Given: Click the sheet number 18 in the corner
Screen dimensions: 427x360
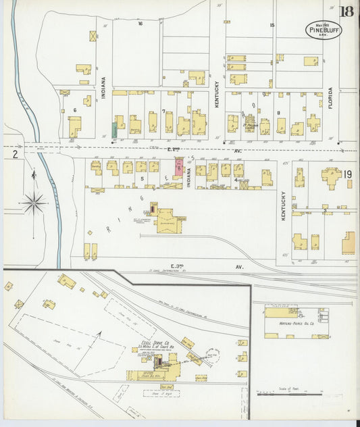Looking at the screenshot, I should (346, 11).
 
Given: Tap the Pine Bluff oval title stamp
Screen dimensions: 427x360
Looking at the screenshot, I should (323, 29).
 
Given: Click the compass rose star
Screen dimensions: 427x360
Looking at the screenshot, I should (33, 201).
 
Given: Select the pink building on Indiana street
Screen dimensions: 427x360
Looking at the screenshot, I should (178, 166).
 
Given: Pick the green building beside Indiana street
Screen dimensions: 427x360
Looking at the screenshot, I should (113, 128).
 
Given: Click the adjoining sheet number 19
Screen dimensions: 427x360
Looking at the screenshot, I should (347, 174).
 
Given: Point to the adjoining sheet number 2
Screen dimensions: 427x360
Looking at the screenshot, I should (14, 154).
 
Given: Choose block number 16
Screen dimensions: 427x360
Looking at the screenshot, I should (140, 24).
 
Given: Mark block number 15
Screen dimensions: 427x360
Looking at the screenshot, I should (272, 25).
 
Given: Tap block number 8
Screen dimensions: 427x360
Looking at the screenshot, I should (278, 113).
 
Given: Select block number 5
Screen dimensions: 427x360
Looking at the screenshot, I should (143, 178).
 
